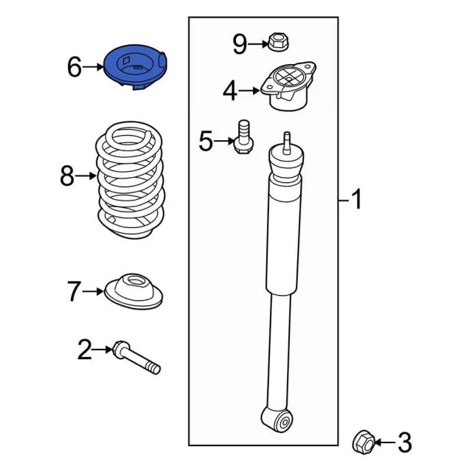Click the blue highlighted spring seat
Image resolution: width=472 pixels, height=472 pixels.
[135, 67]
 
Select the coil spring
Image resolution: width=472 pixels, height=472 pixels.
[130, 180]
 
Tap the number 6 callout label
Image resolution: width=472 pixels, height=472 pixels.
[74, 67]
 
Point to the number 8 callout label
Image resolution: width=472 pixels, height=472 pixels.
[67, 176]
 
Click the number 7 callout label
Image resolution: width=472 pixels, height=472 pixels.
[74, 291]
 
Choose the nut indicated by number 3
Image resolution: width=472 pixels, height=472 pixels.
[363, 442]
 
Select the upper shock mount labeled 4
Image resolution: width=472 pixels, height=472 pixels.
[288, 86]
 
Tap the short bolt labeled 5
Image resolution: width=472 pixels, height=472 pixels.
[243, 137]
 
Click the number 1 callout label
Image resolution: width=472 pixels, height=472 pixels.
[357, 199]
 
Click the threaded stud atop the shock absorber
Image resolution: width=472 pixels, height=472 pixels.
[287, 143]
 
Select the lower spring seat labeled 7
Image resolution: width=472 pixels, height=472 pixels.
[133, 291]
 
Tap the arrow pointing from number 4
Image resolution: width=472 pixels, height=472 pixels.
[249, 90]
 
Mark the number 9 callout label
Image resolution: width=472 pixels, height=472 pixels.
[240, 44]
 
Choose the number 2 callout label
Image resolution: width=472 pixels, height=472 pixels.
[85, 350]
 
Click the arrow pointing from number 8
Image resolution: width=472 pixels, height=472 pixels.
[86, 176]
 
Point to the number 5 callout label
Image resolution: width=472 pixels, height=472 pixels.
[206, 141]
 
